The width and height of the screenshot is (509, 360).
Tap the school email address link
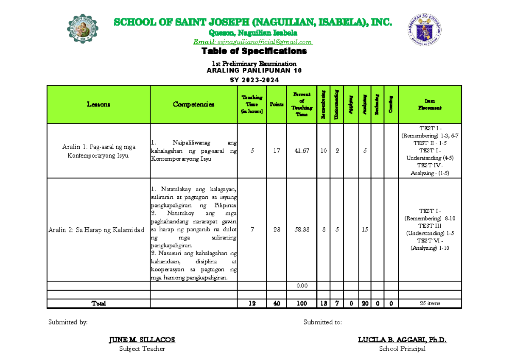(x=253, y=42)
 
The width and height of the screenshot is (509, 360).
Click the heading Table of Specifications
(x=254, y=51)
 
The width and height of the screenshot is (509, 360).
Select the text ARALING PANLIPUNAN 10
(x=254, y=70)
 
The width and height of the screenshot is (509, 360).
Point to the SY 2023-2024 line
(x=254, y=80)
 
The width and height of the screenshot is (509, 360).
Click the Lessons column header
(x=98, y=105)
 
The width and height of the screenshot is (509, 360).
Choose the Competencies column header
(x=193, y=105)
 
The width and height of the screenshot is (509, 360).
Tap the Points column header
(x=277, y=105)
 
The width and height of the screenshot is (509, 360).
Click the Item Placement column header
(x=430, y=105)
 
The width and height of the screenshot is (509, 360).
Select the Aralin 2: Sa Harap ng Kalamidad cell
(x=97, y=230)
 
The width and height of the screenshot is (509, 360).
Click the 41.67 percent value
(x=302, y=151)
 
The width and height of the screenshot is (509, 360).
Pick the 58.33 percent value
(x=302, y=229)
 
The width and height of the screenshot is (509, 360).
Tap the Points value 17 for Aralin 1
(x=277, y=151)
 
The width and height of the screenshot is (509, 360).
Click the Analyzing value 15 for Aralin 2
(x=364, y=229)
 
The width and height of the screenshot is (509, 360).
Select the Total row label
(x=98, y=304)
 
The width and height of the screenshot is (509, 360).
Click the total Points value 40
(x=277, y=304)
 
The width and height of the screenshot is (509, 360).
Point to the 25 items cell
(x=430, y=304)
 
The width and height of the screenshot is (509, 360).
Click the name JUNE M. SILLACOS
(x=142, y=340)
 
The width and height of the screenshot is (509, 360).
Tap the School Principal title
(x=402, y=349)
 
